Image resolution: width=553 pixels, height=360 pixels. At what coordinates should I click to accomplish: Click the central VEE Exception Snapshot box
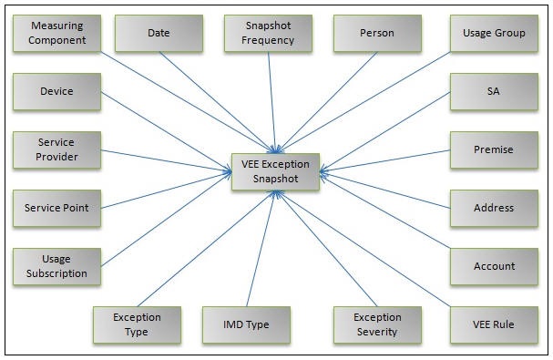[276, 171]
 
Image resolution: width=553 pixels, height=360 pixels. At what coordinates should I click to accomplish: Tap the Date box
[159, 34]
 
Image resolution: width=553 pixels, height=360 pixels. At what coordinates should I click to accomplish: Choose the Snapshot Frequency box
[268, 34]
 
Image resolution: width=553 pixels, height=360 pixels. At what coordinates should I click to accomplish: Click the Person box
[377, 34]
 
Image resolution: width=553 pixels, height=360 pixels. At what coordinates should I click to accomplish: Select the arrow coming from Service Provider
[164, 159]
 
